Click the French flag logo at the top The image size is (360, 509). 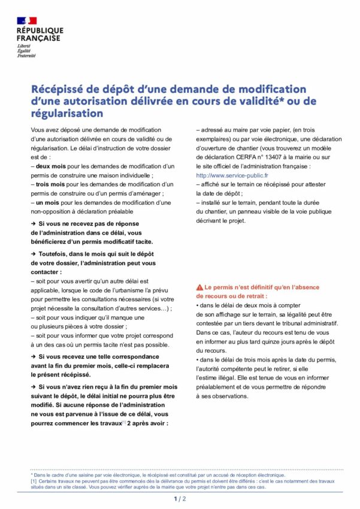click(27, 21)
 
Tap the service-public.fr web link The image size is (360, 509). click(224, 175)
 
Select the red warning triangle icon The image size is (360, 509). click(200, 287)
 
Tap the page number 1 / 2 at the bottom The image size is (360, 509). click(180, 498)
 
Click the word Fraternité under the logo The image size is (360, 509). click(26, 56)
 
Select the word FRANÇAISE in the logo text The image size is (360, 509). click(38, 38)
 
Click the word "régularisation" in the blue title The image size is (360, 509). click(67, 114)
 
